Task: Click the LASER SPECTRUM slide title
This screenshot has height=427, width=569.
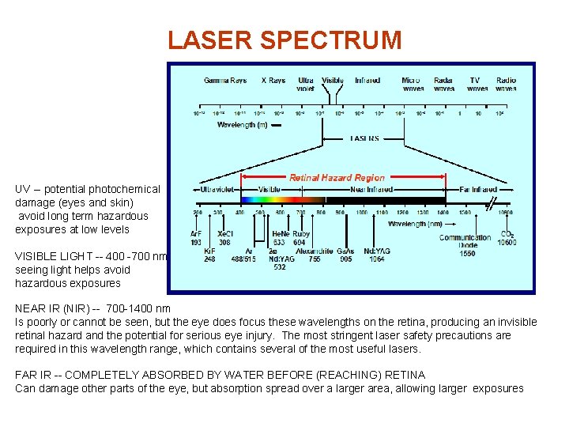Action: click(x=284, y=40)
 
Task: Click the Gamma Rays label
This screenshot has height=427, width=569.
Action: click(x=225, y=81)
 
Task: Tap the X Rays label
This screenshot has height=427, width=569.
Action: click(x=273, y=81)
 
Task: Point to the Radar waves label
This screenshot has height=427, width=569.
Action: click(x=443, y=85)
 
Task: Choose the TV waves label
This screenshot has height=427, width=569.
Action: click(x=477, y=85)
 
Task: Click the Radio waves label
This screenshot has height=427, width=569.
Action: click(x=507, y=85)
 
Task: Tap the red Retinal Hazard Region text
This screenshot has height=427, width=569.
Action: click(x=337, y=178)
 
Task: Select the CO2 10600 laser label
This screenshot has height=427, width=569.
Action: click(x=507, y=238)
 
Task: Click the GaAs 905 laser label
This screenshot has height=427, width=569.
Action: click(x=345, y=255)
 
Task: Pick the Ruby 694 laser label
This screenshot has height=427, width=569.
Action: click(x=301, y=238)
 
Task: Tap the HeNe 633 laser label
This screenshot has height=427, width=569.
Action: click(x=280, y=238)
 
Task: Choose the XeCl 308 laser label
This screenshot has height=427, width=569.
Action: click(x=225, y=238)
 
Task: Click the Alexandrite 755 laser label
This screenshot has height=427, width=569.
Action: click(x=314, y=255)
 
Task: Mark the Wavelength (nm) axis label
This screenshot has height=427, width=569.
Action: click(x=414, y=224)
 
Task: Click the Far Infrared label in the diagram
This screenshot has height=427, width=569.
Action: click(x=479, y=190)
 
